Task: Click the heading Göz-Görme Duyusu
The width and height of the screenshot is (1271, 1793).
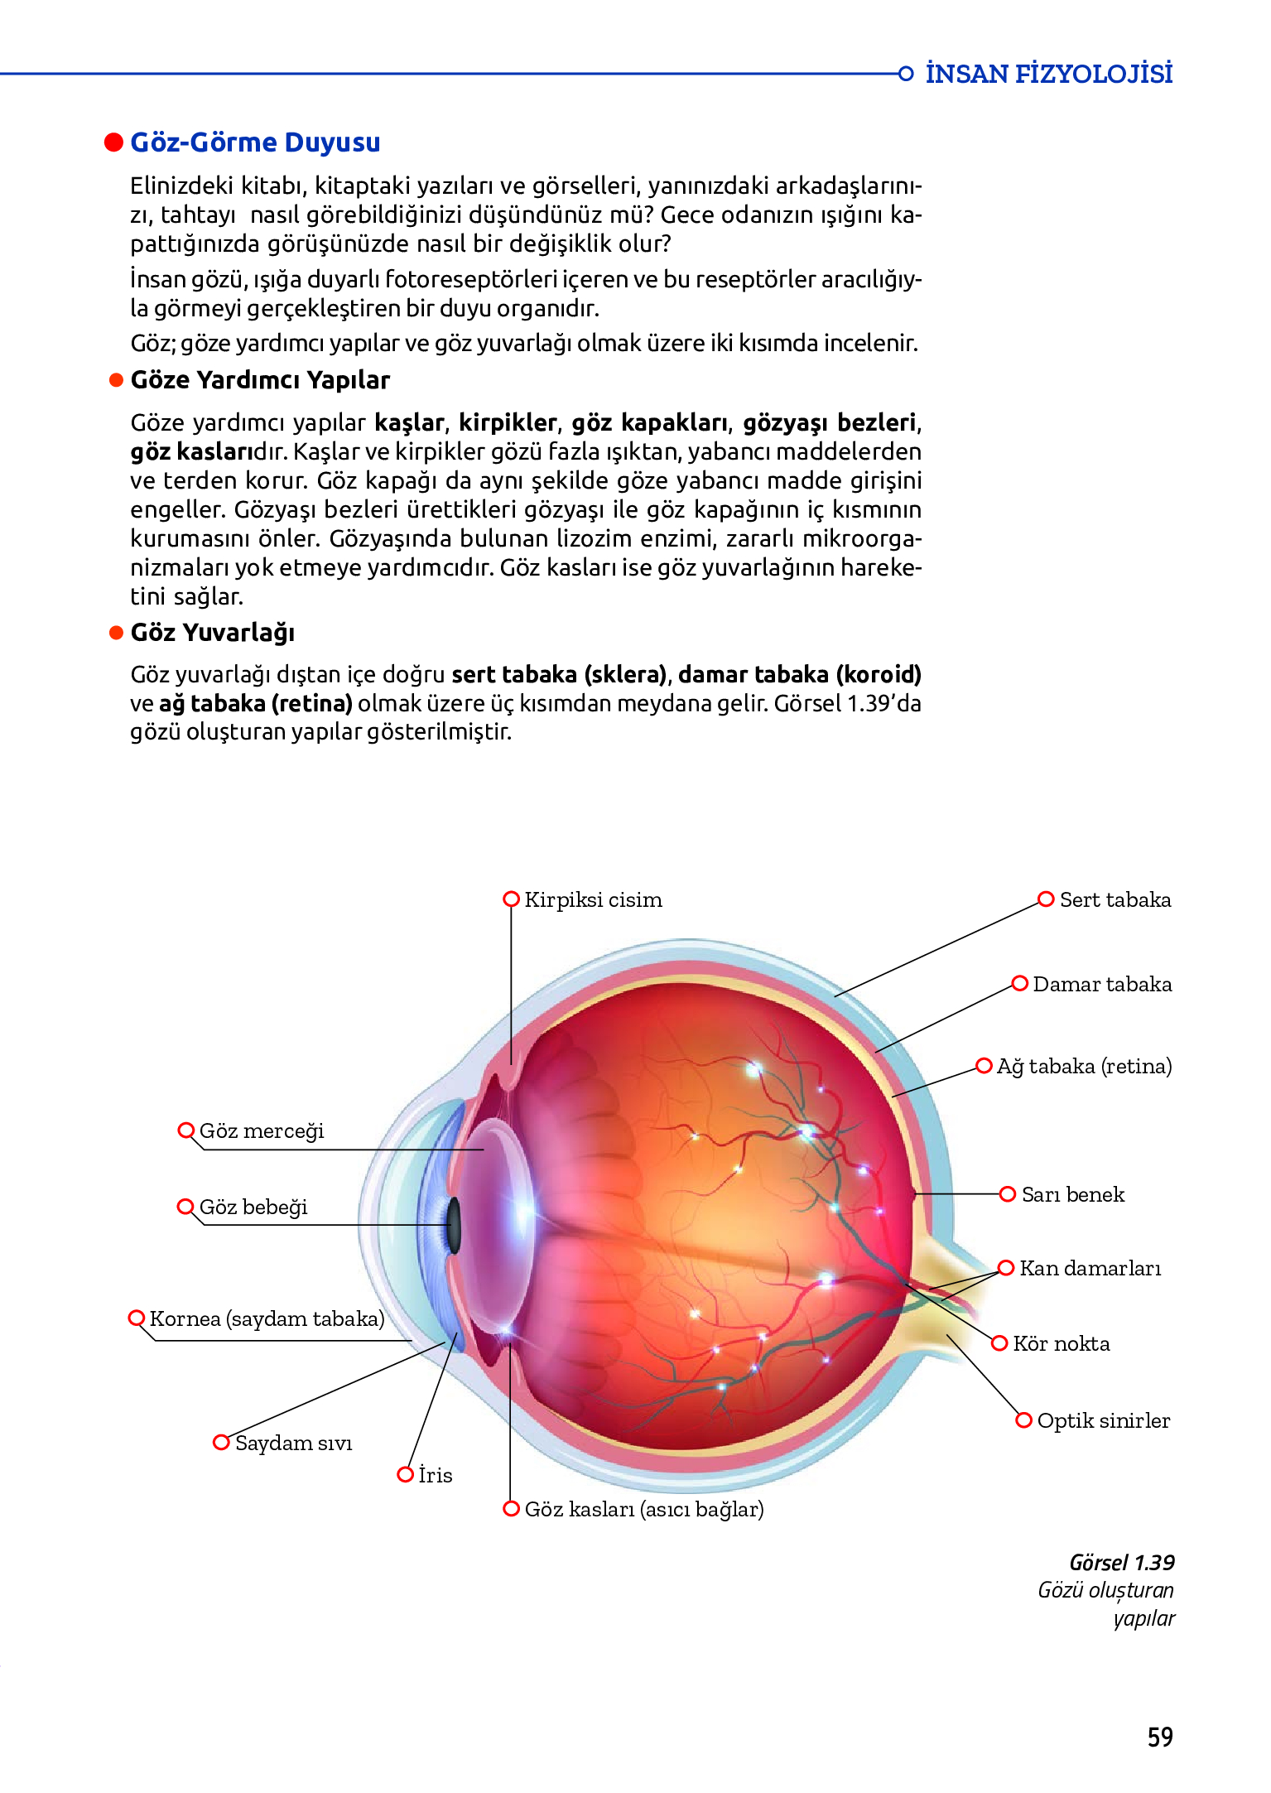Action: pyautogui.click(x=255, y=142)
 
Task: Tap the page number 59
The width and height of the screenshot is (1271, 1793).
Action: pyautogui.click(x=1160, y=1737)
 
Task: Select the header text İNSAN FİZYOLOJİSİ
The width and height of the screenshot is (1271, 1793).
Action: pyautogui.click(x=1048, y=74)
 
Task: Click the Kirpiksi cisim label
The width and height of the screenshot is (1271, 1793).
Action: pyautogui.click(x=593, y=900)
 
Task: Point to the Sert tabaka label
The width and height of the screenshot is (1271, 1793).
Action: pyautogui.click(x=1115, y=900)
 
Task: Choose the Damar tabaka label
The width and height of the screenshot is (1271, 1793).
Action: pyautogui.click(x=1101, y=985)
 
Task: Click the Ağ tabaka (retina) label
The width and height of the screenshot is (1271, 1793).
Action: pyautogui.click(x=1083, y=1067)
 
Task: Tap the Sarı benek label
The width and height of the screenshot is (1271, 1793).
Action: pyautogui.click(x=1072, y=1195)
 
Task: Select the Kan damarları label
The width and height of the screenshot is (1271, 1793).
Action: pyautogui.click(x=1090, y=1269)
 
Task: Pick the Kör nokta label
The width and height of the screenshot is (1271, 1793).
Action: pyautogui.click(x=1061, y=1344)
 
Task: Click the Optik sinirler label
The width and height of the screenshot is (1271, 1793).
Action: pyautogui.click(x=1103, y=1421)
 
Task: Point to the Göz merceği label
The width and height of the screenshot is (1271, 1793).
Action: pyautogui.click(x=262, y=1131)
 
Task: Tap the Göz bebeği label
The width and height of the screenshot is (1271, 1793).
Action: pyautogui.click(x=253, y=1207)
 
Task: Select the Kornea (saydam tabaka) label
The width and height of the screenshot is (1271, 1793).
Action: pyautogui.click(x=267, y=1318)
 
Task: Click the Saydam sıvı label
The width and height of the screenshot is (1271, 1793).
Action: pyautogui.click(x=293, y=1444)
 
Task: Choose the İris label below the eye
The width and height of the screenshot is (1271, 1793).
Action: pyautogui.click(x=435, y=1476)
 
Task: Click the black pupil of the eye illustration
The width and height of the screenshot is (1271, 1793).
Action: pyautogui.click(x=454, y=1225)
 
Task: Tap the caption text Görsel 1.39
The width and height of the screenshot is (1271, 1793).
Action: pyautogui.click(x=1121, y=1563)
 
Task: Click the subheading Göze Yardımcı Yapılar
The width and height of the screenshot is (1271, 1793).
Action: pyautogui.click(x=260, y=380)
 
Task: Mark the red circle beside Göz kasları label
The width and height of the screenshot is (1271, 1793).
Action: pyautogui.click(x=512, y=1509)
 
